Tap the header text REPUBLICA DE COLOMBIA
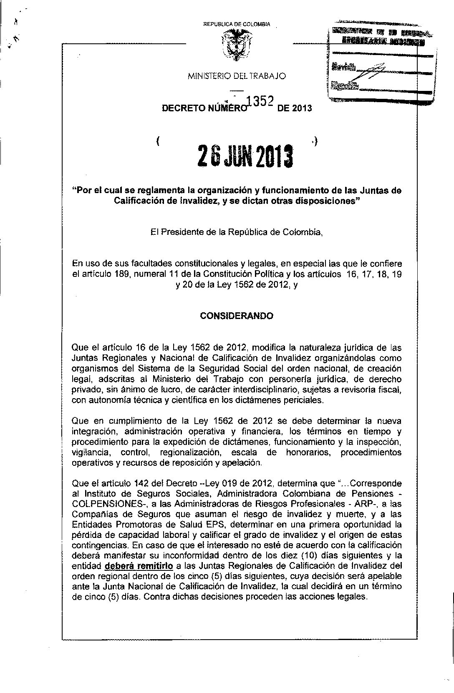237,24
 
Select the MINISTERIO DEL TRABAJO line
237,76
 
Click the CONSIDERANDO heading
237,316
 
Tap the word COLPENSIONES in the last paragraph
107,504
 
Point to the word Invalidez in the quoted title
190,201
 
